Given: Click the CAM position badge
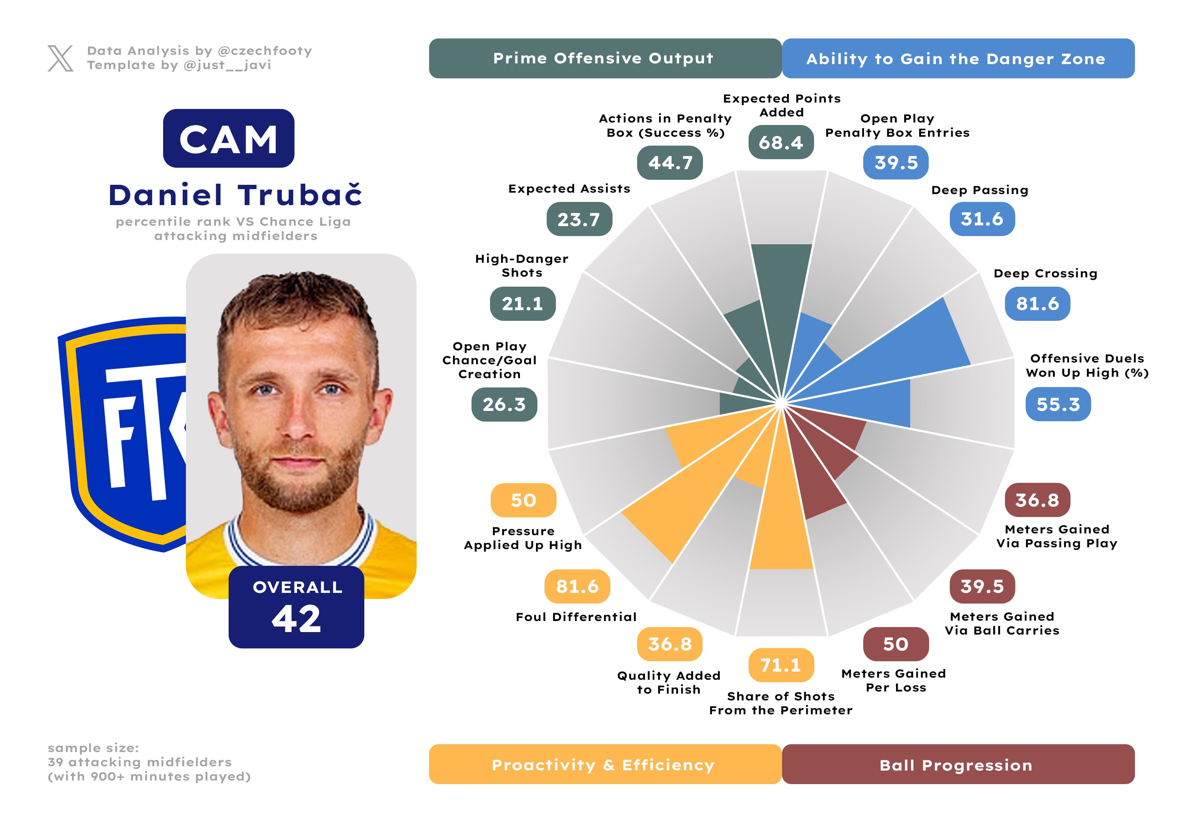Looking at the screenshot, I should [x=228, y=139].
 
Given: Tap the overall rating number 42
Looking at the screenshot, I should [x=296, y=619].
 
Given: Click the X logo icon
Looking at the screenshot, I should [x=61, y=58].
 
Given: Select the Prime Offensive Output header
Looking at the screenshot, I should [x=605, y=58].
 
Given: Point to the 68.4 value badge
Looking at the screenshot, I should [x=781, y=142].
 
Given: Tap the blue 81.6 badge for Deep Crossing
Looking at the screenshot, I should [x=1037, y=304].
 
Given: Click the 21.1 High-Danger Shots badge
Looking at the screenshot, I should [x=522, y=304].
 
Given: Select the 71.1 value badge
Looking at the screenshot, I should [x=781, y=665].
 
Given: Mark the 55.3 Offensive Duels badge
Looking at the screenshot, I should [x=1058, y=405].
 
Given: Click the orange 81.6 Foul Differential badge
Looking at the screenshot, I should [x=577, y=586].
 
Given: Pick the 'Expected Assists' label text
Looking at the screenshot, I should [x=569, y=189].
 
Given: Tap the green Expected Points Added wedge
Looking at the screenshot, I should [x=781, y=298].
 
